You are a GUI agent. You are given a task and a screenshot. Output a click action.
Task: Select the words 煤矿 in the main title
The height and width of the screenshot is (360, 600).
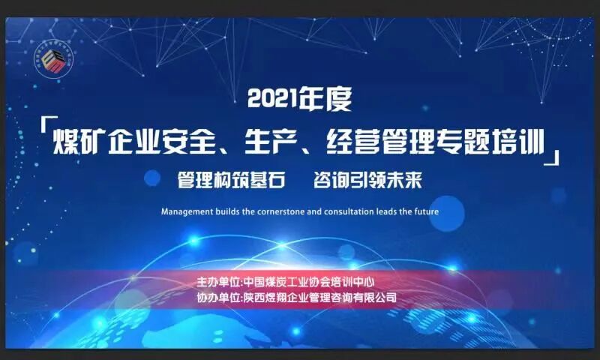pyautogui.click(x=82, y=139)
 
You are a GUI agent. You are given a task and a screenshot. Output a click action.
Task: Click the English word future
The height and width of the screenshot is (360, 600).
pyautogui.click(x=425, y=211)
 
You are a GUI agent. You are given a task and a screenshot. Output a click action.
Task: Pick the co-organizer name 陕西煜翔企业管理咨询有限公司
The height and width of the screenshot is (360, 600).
pyautogui.click(x=320, y=297)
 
